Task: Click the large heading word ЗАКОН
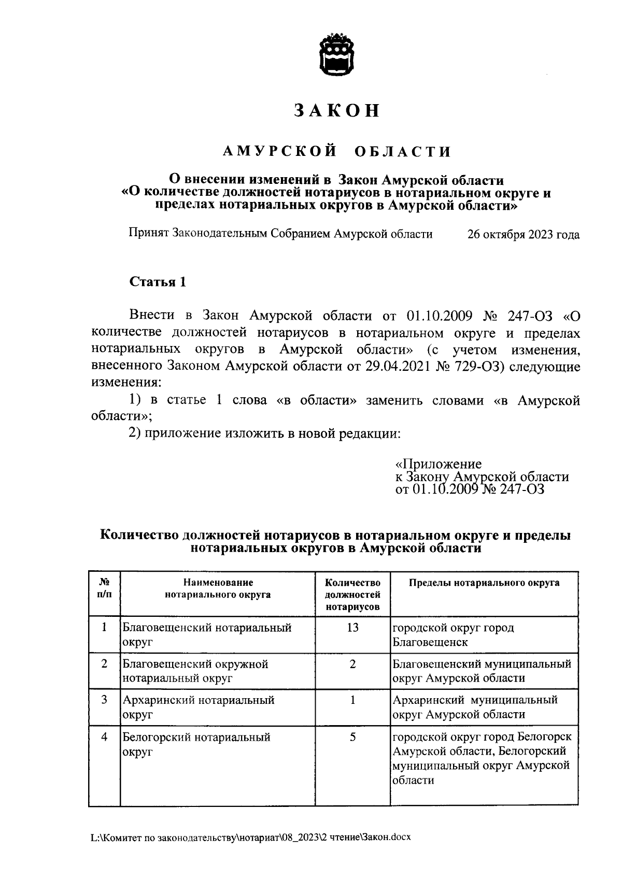[337, 111]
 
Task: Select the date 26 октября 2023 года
[523, 235]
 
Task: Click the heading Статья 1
[157, 282]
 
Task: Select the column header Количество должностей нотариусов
[352, 595]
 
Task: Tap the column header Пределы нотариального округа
[484, 583]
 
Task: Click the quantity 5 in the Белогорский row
[352, 736]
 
